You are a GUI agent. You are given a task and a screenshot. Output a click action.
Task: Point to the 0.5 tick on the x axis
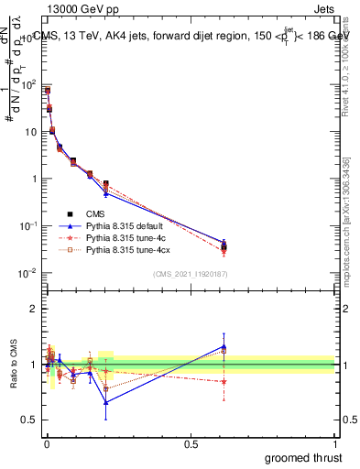point(190,443)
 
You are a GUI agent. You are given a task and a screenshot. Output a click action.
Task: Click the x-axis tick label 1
point(334,443)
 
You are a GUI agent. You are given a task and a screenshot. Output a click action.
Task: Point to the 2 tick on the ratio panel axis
point(36,309)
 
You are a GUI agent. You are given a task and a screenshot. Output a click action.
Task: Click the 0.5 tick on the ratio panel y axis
point(32,420)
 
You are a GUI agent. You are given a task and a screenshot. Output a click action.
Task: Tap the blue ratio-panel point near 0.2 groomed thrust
point(106,402)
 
